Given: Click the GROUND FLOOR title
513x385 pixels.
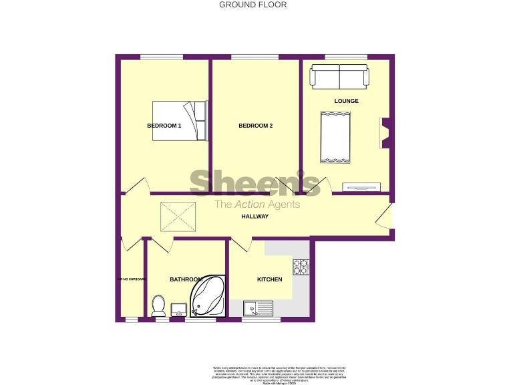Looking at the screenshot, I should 253,5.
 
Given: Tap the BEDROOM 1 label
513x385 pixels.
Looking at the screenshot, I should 164,126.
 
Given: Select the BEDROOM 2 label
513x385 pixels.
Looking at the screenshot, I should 256,126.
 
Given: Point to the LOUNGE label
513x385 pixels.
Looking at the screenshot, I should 347,102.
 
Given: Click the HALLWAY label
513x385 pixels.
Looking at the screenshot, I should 255,217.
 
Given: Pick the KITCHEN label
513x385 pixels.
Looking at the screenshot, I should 270,279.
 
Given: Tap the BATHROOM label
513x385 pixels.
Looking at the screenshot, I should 185,279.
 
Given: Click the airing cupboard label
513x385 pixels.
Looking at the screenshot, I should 131,279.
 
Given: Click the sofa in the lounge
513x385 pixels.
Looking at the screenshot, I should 339,76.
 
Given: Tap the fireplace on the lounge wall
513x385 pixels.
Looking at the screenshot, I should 385,132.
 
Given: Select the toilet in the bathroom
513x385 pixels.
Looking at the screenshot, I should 159,305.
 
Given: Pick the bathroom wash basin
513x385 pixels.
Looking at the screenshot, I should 178,309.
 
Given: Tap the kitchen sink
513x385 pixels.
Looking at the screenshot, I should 258,308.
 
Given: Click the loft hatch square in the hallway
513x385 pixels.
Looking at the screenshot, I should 178,217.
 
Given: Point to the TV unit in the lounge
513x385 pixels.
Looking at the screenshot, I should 361,186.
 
